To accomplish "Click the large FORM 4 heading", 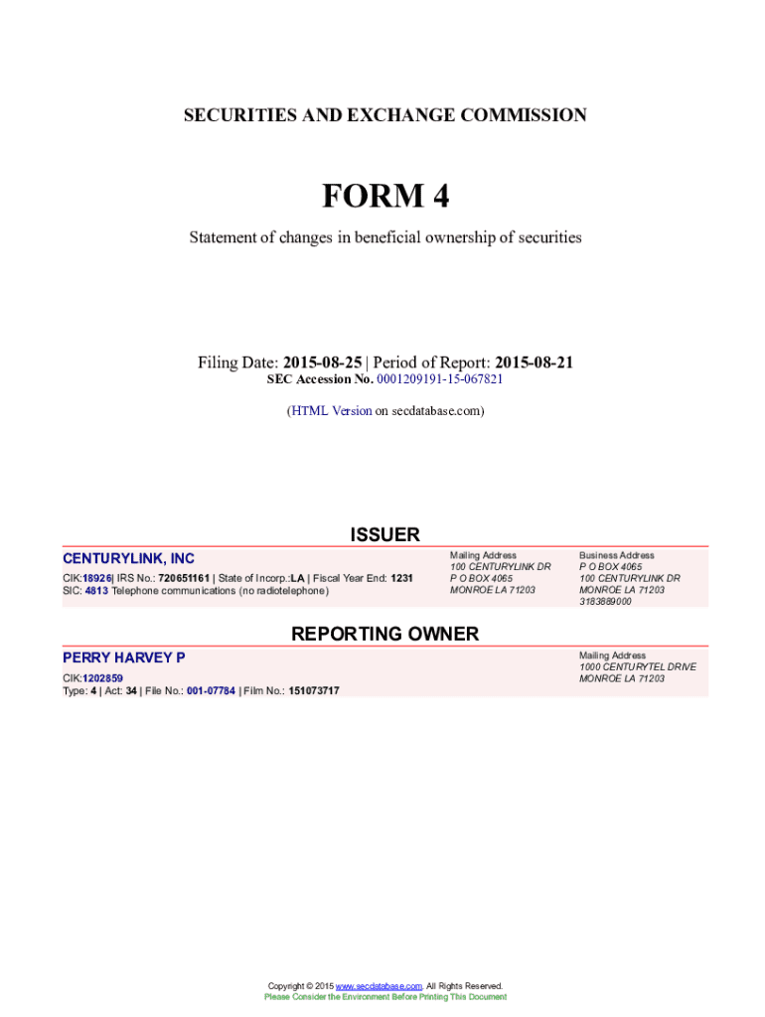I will pos(384,197).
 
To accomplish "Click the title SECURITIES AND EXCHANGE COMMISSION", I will pos(384,115).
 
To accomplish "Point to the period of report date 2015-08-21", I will pos(535,363).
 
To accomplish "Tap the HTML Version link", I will pos(331,410).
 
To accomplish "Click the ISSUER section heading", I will pos(384,535).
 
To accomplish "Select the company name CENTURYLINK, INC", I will pos(128,559).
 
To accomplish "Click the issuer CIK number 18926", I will pos(96,577).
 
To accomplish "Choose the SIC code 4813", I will pos(96,590).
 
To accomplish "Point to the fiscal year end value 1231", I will pos(401,577).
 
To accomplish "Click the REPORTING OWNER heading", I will pos(384,634).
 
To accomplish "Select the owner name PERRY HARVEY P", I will pos(123,657).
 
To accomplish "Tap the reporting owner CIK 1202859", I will pos(102,678).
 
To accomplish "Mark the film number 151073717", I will pos(314,690).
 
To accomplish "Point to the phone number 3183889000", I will pos(605,602).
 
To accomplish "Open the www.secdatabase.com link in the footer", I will pos(379,985).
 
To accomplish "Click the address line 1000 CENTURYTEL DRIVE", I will pos(638,666).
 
